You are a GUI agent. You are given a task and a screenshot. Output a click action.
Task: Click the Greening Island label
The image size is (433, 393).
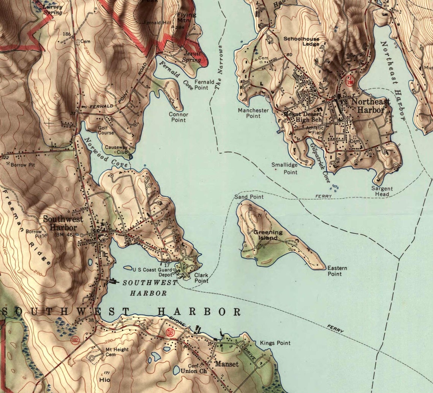pos(268,235)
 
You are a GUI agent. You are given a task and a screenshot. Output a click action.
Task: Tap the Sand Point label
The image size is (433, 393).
pos(249,197)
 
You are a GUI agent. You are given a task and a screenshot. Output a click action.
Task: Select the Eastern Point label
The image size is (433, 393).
pos(337,271)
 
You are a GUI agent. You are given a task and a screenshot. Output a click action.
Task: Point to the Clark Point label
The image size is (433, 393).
pos(201,278)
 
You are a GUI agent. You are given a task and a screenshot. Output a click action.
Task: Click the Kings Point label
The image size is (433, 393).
pos(275,343)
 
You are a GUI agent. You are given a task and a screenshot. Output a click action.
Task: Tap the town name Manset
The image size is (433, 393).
pos(227,364)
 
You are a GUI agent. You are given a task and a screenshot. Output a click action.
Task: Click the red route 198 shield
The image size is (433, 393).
pos(350,80)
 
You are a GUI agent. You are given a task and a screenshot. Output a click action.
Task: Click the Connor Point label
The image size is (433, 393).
pos(178,117)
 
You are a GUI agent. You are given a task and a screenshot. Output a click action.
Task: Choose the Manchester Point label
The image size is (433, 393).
pos(253,113)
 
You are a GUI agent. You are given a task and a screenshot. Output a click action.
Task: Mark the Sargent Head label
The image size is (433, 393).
pos(382,191)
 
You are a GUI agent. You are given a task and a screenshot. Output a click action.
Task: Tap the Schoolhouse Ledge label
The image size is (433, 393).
pos(301,41)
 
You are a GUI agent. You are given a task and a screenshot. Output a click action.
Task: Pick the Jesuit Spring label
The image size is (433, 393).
pos(192,57)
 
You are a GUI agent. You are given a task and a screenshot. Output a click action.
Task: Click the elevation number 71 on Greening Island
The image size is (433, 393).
pos(259,216)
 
